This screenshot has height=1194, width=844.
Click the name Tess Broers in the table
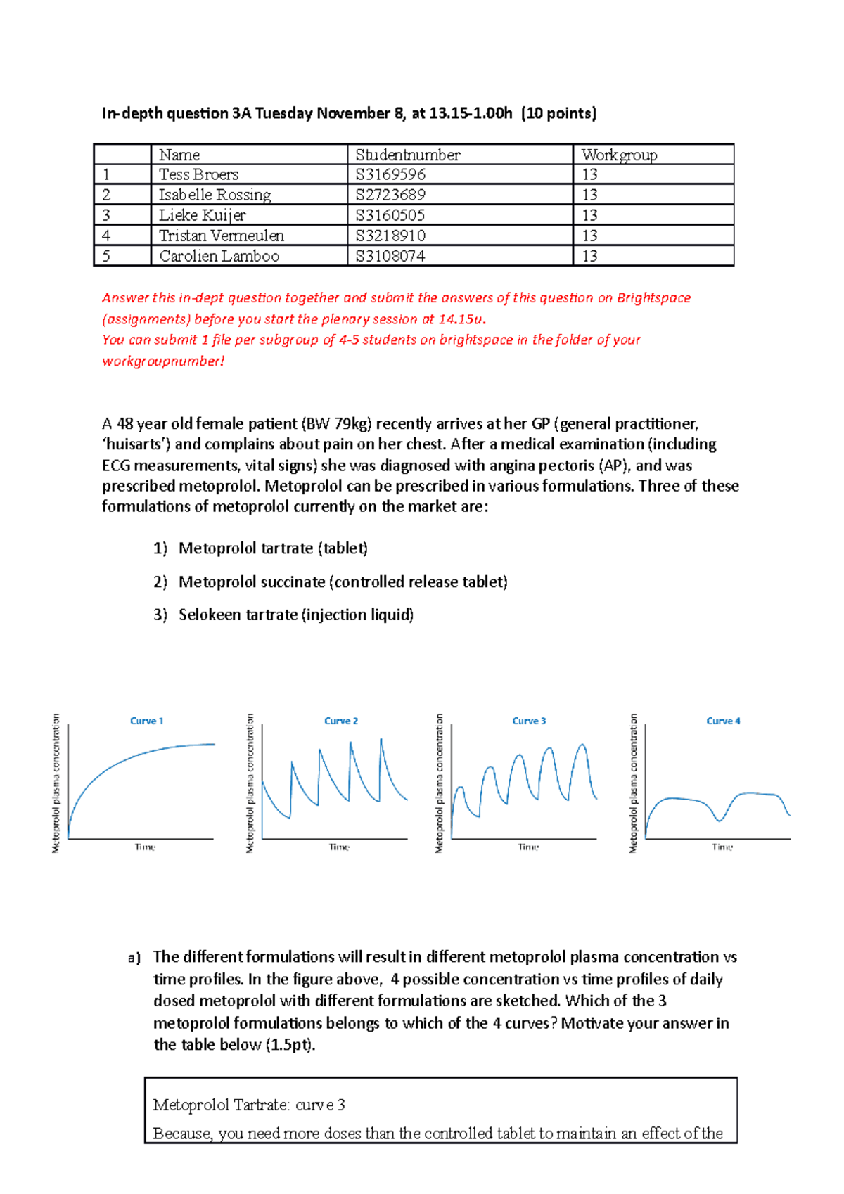coord(198,174)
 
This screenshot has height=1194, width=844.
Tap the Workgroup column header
coord(619,155)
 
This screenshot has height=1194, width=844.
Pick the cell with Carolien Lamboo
coord(219,256)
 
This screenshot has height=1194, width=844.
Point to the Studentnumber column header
coord(407,155)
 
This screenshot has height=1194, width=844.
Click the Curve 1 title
coord(146,721)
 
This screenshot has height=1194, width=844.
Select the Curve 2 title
coord(341,721)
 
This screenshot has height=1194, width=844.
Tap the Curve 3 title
coord(529,721)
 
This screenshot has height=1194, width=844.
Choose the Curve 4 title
coord(723,721)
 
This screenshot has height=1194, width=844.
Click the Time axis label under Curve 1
coord(145,847)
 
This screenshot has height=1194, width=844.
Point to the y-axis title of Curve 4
coord(633,783)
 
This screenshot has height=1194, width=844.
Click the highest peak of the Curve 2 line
coord(381,740)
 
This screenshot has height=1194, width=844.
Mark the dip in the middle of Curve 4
coord(719,820)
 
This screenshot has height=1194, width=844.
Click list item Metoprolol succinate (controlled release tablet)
coord(343,582)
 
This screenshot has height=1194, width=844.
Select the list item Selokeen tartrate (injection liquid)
coord(295,615)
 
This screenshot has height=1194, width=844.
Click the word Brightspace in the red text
coord(653,297)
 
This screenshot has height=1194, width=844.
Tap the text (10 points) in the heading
coord(558,113)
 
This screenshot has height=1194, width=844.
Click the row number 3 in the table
coord(106,215)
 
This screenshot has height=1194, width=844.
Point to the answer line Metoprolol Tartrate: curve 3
coord(249,1105)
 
